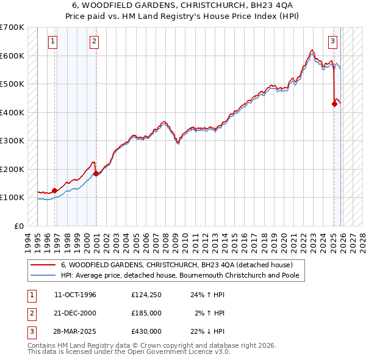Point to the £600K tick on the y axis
click(12, 56)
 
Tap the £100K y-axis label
click(12, 197)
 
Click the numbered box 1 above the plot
click(53, 41)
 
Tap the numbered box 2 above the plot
click(95, 41)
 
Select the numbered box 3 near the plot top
click(332, 41)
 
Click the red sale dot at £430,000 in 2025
click(334, 104)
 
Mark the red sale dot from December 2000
click(96, 173)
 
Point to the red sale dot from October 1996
click(55, 190)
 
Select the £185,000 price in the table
click(146, 313)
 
